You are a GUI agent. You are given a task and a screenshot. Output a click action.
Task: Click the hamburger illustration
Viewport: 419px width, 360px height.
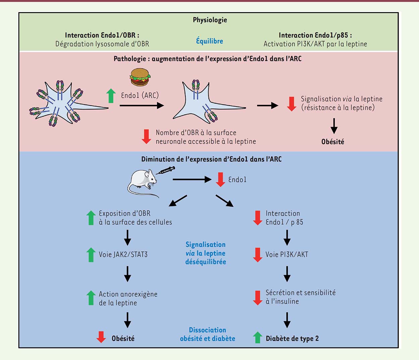[x=140, y=77]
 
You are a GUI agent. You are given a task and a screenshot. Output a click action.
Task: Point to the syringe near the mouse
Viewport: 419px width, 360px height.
[x=166, y=170]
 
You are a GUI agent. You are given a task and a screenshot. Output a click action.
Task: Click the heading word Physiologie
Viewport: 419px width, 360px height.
[x=210, y=20]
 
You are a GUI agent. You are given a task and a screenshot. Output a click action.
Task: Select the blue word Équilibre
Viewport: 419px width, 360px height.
[x=209, y=41]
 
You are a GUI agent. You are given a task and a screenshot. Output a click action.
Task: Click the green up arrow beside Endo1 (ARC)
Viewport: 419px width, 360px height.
[x=111, y=96]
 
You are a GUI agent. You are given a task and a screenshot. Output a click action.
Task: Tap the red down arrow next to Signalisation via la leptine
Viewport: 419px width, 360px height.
[x=292, y=104]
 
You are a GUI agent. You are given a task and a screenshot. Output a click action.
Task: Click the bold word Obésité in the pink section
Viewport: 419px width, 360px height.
[x=333, y=142]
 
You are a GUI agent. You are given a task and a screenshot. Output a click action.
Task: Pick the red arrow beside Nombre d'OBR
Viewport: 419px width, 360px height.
[x=146, y=137]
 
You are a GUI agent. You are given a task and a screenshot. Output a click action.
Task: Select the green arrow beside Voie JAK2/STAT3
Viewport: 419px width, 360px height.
[x=91, y=254]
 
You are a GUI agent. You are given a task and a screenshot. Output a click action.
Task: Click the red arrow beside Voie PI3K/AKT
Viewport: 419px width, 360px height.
[x=257, y=254]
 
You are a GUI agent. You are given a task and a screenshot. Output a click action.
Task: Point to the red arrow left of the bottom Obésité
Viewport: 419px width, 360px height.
[x=101, y=337]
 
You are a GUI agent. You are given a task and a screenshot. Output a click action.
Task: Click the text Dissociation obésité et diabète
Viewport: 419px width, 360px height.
[x=207, y=334]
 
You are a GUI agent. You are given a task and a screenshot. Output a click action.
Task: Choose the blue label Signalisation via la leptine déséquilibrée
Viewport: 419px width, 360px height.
[x=205, y=253]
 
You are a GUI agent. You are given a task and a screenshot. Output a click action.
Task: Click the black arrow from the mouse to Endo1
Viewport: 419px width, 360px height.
[x=192, y=180]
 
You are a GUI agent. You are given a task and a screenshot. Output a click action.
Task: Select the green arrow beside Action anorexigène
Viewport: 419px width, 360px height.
[x=91, y=298]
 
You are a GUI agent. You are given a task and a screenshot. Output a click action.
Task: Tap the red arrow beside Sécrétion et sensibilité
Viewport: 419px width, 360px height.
[x=257, y=298]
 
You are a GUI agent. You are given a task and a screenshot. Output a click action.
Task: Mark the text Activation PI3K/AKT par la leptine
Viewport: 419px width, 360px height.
[x=315, y=44]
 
